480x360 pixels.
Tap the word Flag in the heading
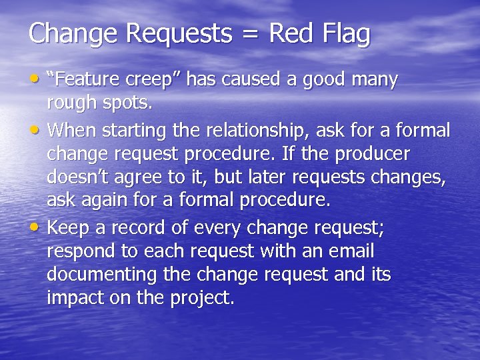[346, 34]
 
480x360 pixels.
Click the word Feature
[83, 80]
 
